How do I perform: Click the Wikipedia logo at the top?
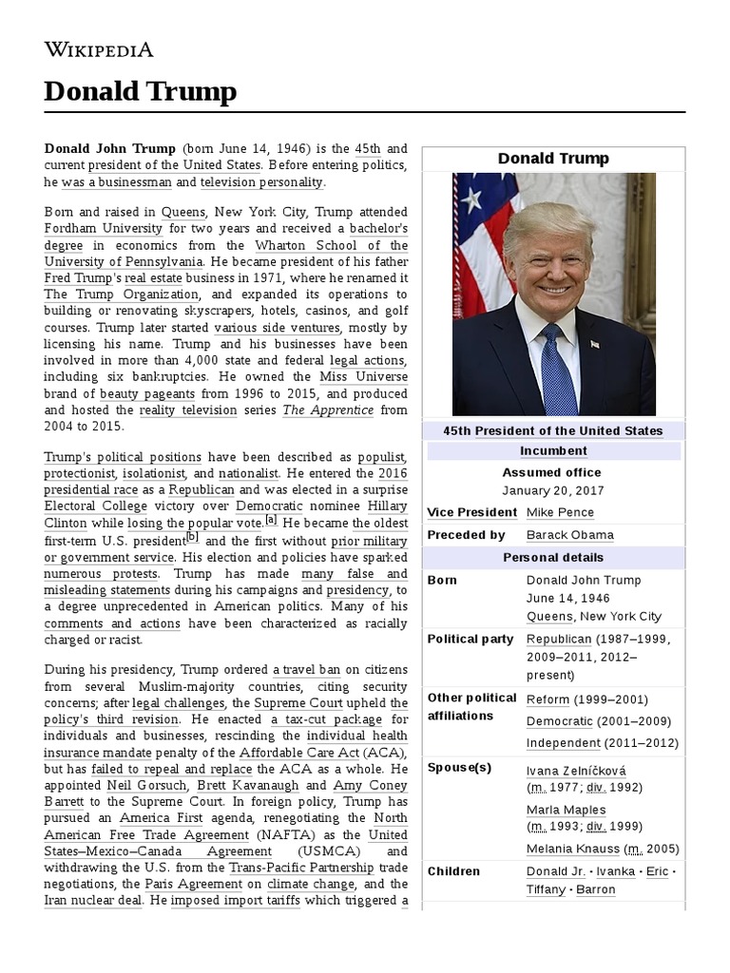coord(99,50)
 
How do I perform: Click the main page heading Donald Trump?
coord(140,92)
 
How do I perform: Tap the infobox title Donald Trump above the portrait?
coord(553,159)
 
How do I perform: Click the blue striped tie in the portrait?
coord(557,370)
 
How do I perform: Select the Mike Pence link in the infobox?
coord(560,512)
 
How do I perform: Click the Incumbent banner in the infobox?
coord(553,450)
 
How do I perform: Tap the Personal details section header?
coord(553,558)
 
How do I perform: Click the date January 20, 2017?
coord(553,491)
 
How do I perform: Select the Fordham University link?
coord(104,229)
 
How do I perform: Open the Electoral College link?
coord(90,506)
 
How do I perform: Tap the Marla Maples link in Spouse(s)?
coord(566,810)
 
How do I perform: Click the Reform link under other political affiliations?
coord(547,699)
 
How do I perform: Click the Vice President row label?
coord(471,512)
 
